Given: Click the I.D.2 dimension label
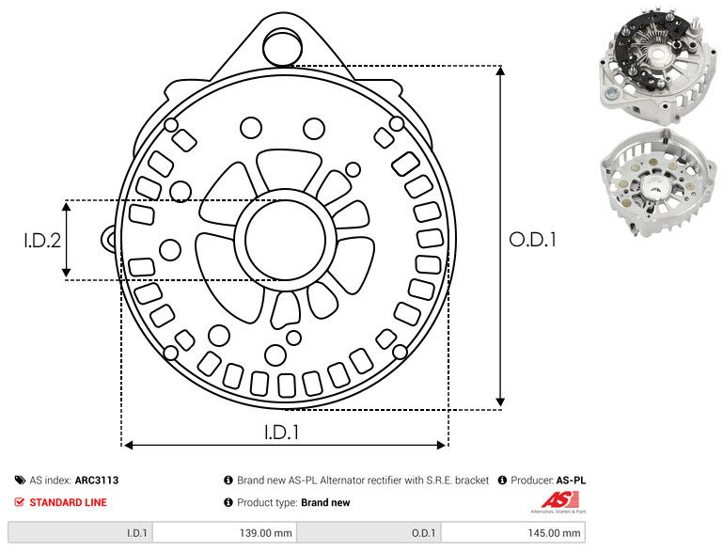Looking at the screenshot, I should [42, 240].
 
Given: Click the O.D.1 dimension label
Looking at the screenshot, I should [533, 240].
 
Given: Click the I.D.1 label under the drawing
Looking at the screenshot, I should [281, 433].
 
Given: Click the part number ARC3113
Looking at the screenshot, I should [97, 480].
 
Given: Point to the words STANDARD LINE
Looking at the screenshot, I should [68, 502].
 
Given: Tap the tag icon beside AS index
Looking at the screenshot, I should [20, 480].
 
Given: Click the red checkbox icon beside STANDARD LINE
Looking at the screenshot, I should [20, 502].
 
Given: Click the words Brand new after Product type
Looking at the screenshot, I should [325, 502].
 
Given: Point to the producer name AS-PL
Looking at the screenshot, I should [571, 480].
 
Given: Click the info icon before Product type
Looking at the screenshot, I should [228, 502].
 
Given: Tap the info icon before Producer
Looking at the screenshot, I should [502, 480].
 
